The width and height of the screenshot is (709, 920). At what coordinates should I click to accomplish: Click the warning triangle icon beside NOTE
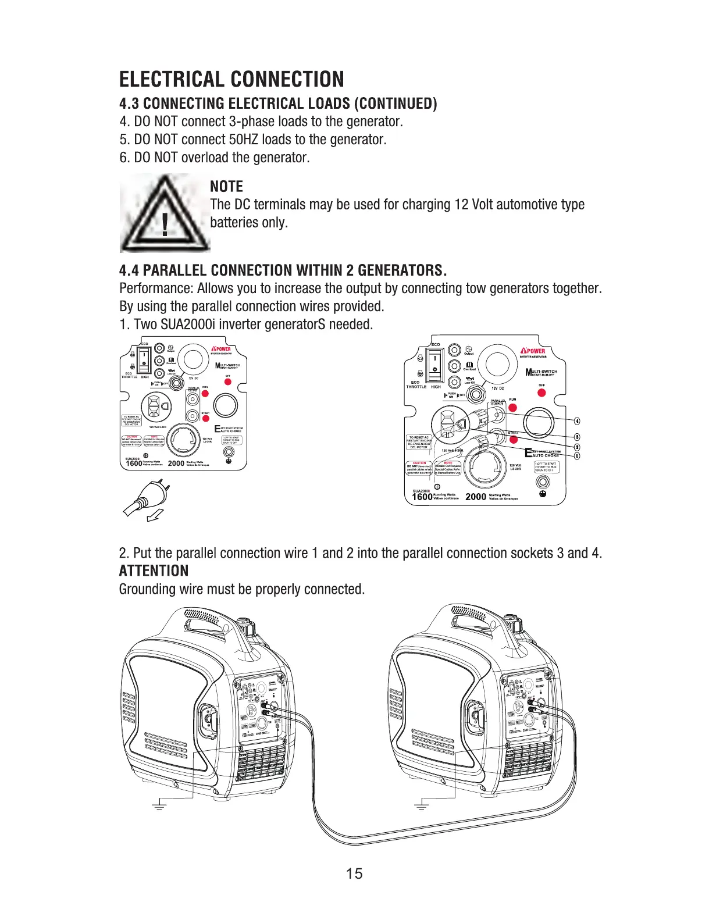point(165,213)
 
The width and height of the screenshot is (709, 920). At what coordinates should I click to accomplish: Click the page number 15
point(354,873)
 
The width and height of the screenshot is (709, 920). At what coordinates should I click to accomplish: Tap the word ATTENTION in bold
point(154,570)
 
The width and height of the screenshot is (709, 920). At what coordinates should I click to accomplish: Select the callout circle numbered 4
point(577,421)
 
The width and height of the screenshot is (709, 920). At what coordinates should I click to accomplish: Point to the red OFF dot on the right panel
point(541,393)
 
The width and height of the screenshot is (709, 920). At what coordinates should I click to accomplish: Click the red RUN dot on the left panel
point(205,394)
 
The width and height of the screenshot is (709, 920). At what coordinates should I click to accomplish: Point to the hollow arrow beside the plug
point(155,515)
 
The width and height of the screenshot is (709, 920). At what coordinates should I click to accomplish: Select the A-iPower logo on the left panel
point(221,350)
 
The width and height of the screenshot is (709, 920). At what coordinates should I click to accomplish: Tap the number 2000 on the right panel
point(476,497)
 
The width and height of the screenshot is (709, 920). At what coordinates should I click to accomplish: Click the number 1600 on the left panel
point(134,463)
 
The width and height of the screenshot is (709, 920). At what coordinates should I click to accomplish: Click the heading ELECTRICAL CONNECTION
point(231,79)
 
